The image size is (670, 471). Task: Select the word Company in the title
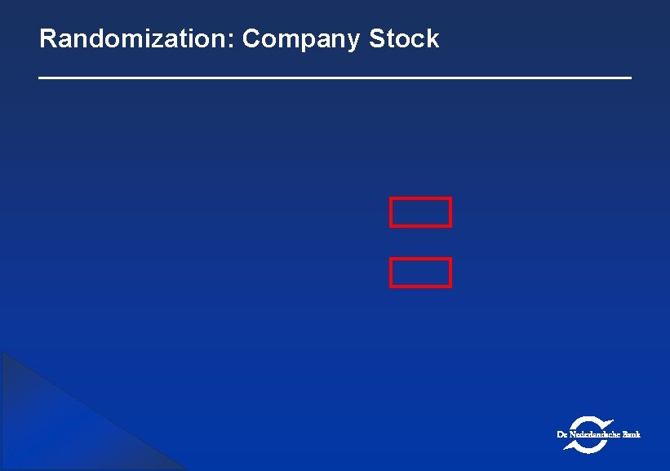[302, 39]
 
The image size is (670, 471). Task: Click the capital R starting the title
[47, 39]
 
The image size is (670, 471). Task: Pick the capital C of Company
[251, 39]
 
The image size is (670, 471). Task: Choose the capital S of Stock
[377, 39]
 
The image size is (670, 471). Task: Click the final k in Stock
[433, 39]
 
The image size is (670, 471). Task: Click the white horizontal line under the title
[335, 78]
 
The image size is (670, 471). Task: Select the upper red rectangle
[420, 211]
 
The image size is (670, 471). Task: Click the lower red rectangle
[420, 273]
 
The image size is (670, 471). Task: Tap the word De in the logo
[562, 434]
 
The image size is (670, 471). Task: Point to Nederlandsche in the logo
[593, 434]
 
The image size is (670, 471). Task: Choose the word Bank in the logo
[631, 434]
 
